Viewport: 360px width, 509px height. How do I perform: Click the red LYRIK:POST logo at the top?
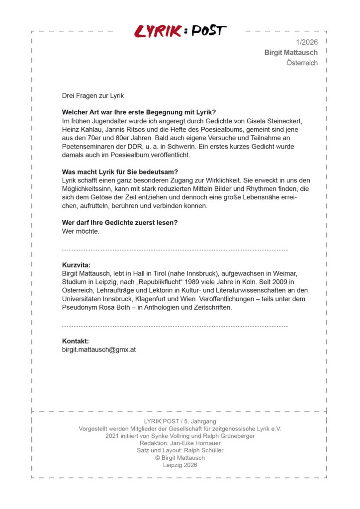tap(180, 31)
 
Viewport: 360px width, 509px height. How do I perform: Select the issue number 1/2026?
tap(306, 42)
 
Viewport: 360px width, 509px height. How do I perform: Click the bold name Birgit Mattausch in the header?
tap(291, 52)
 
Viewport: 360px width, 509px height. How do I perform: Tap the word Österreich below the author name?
tap(302, 63)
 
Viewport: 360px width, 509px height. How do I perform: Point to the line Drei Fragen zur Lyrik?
tap(92, 95)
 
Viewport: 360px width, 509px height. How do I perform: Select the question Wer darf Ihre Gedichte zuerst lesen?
tap(119, 222)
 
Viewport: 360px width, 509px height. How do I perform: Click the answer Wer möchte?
tap(81, 231)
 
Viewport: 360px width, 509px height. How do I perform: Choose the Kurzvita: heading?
tap(76, 265)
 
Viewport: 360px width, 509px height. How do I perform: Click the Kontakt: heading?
tap(76, 341)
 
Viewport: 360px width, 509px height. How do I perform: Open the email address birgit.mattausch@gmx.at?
tap(99, 349)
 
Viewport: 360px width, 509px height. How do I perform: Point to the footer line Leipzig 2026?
tap(180, 465)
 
